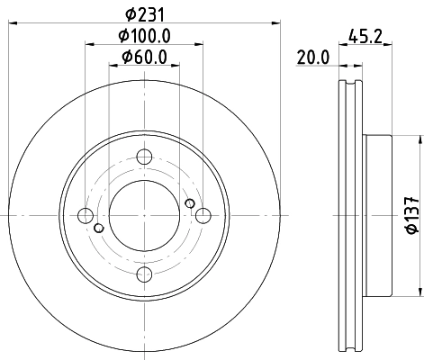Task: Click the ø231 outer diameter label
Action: pos(144,13)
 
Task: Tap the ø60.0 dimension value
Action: pos(144,59)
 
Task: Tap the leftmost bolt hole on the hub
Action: pos(86,216)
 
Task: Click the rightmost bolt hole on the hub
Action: pos(203,216)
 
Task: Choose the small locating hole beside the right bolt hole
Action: pos(190,204)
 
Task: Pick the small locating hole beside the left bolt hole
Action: pos(98,228)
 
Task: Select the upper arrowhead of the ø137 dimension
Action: pos(419,139)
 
